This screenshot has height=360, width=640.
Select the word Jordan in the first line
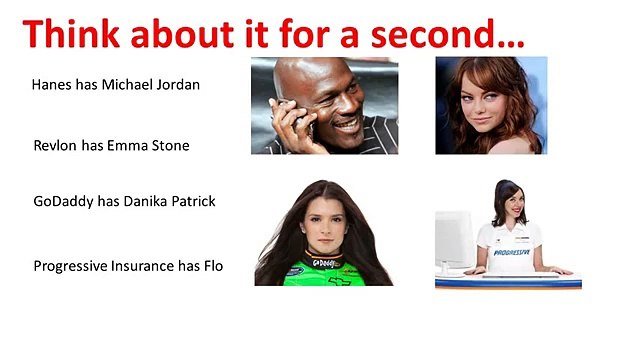tap(178, 85)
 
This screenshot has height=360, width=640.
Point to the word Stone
tap(169, 146)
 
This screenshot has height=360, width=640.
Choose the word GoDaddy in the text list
tap(63, 201)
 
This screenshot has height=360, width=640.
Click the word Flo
tap(212, 266)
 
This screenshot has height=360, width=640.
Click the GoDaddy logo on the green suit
tap(326, 263)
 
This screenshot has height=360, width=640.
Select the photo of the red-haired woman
tap(491, 105)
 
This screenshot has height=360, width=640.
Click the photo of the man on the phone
tap(324, 105)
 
